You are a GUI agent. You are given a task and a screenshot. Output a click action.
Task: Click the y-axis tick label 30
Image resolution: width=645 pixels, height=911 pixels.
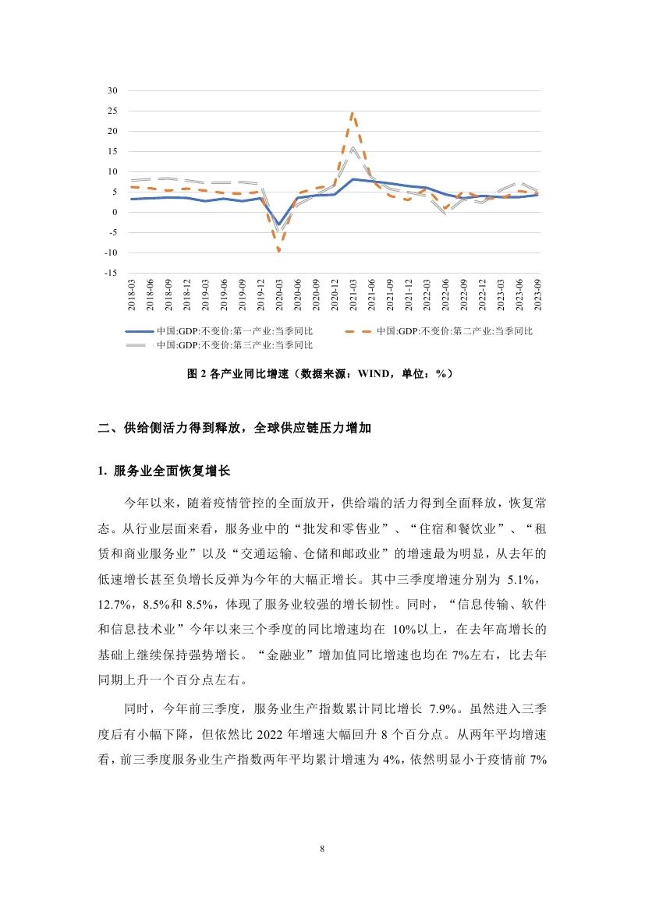point(112,90)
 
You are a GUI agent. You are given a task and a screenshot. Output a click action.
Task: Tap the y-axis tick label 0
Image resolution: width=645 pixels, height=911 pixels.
point(114,212)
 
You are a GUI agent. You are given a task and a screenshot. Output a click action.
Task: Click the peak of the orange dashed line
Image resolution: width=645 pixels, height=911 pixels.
point(353,114)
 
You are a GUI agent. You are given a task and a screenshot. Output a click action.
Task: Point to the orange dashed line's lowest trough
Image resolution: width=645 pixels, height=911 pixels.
point(278,250)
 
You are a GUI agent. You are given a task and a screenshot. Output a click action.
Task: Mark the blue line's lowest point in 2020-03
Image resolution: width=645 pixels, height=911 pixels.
point(278,224)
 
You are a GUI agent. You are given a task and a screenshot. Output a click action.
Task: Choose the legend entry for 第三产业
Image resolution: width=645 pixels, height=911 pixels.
point(234,344)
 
